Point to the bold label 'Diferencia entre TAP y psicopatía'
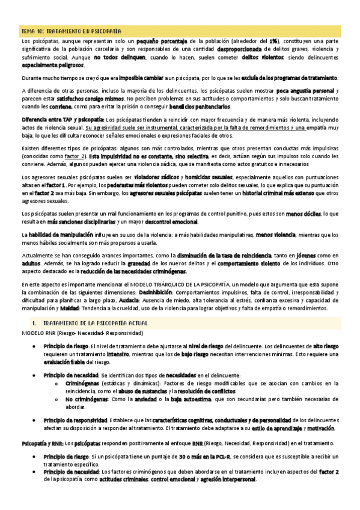[58, 119]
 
